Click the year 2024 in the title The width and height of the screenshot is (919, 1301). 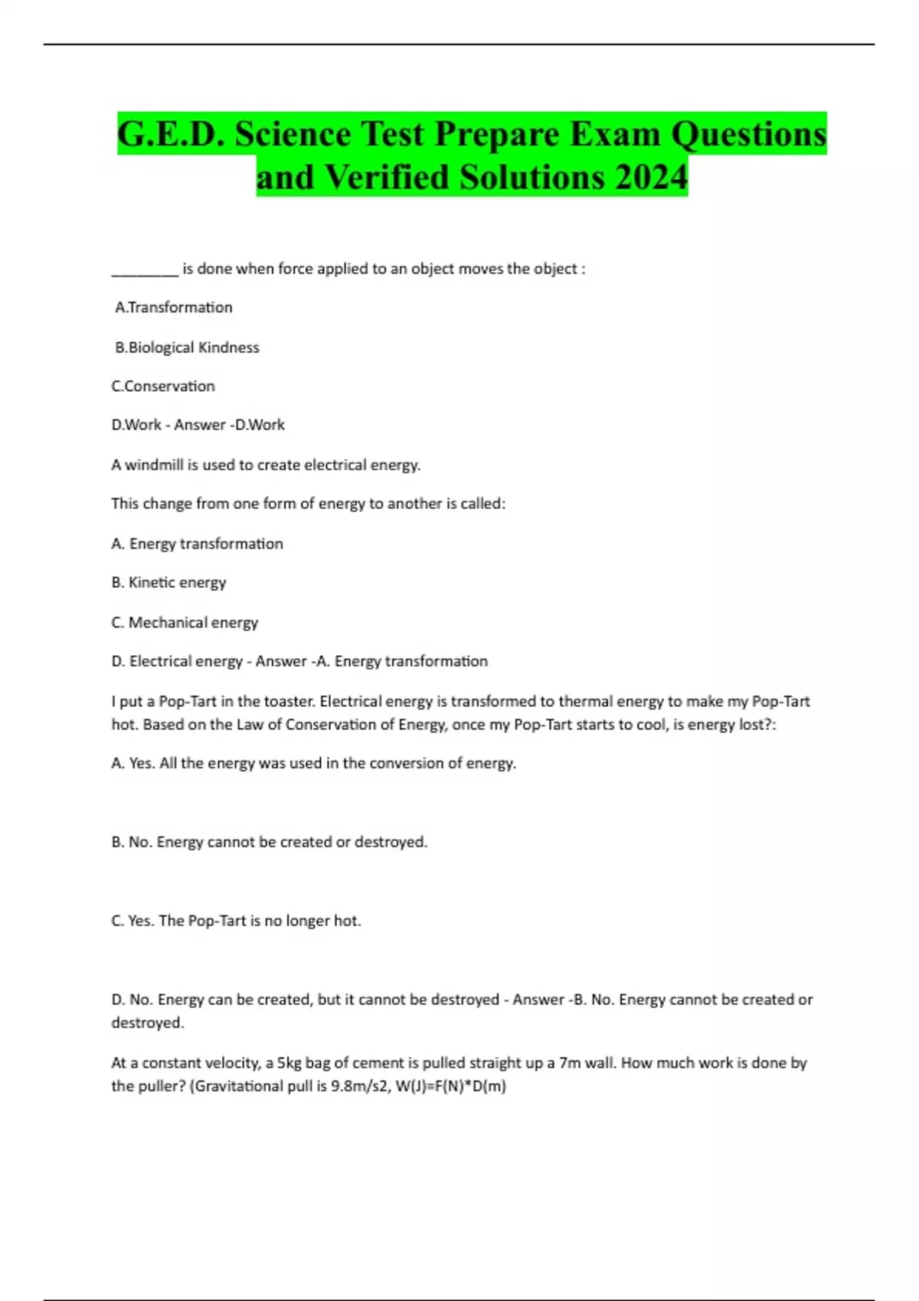point(651,177)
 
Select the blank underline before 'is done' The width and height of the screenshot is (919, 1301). point(145,270)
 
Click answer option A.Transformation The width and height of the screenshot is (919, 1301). point(174,308)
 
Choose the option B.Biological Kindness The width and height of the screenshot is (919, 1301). point(187,347)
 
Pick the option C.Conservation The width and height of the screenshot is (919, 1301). point(163,386)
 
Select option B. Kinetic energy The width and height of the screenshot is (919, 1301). point(168,582)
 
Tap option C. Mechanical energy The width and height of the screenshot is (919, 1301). point(185,622)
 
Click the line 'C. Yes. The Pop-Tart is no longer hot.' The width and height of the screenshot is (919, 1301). point(236,921)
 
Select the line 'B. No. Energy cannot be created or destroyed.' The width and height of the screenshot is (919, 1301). point(270,842)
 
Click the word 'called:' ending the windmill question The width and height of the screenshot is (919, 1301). point(482,504)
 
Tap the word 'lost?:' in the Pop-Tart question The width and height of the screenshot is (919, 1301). point(754,725)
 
